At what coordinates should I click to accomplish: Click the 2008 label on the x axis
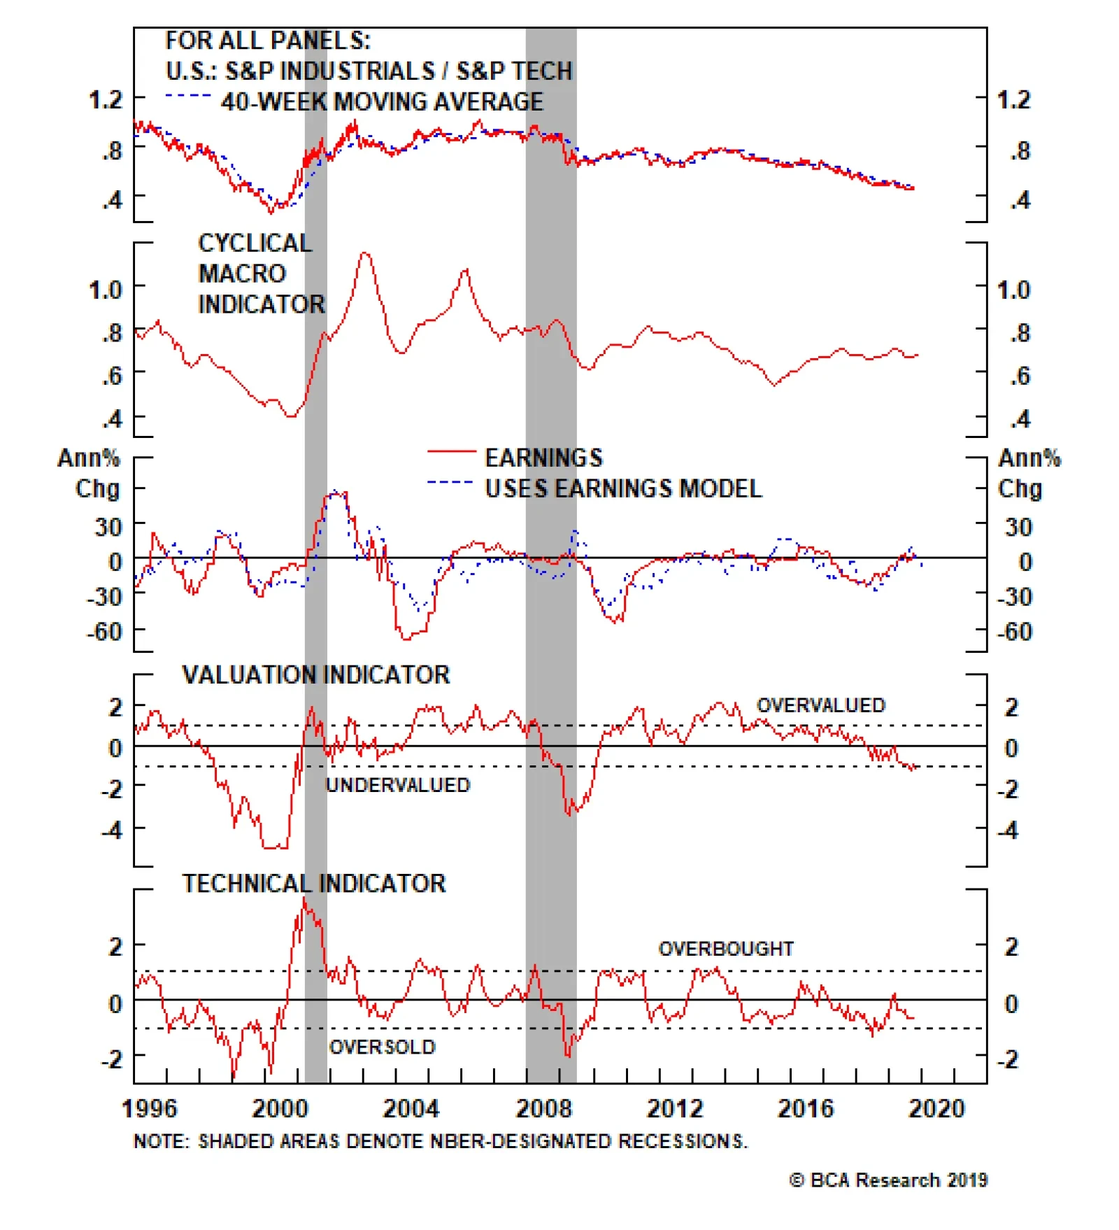(x=543, y=1108)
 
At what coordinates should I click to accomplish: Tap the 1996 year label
(x=150, y=1108)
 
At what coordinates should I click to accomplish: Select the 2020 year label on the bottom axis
(x=936, y=1108)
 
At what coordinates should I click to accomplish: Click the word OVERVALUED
(x=821, y=705)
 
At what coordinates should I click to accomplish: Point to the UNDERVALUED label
(x=398, y=785)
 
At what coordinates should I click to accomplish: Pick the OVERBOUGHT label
(x=726, y=949)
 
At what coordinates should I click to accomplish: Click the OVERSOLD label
(x=383, y=1047)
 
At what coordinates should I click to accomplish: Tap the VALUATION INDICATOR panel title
(x=316, y=674)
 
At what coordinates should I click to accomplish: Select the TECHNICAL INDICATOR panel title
(x=314, y=883)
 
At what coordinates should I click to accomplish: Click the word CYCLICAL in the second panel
(x=255, y=243)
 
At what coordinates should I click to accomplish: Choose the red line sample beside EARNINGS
(x=451, y=452)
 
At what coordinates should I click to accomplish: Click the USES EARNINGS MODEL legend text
(x=623, y=488)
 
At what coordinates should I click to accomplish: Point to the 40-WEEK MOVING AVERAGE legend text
(x=382, y=101)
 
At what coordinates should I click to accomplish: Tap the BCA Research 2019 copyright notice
(x=888, y=1180)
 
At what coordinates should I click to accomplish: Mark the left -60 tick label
(x=104, y=632)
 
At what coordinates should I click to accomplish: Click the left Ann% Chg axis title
(x=90, y=473)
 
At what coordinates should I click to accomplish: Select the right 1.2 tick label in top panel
(x=1013, y=99)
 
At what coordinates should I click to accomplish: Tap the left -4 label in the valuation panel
(x=111, y=830)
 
